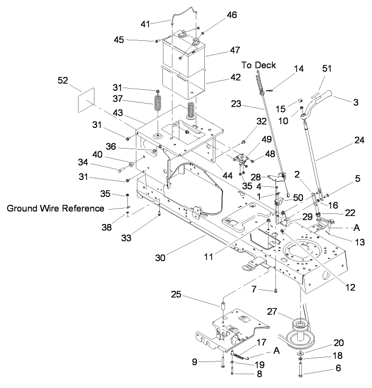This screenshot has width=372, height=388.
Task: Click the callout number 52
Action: tap(63, 80)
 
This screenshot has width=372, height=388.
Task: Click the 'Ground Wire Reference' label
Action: tap(56, 209)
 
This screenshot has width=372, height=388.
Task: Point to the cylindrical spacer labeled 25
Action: tap(224, 308)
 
